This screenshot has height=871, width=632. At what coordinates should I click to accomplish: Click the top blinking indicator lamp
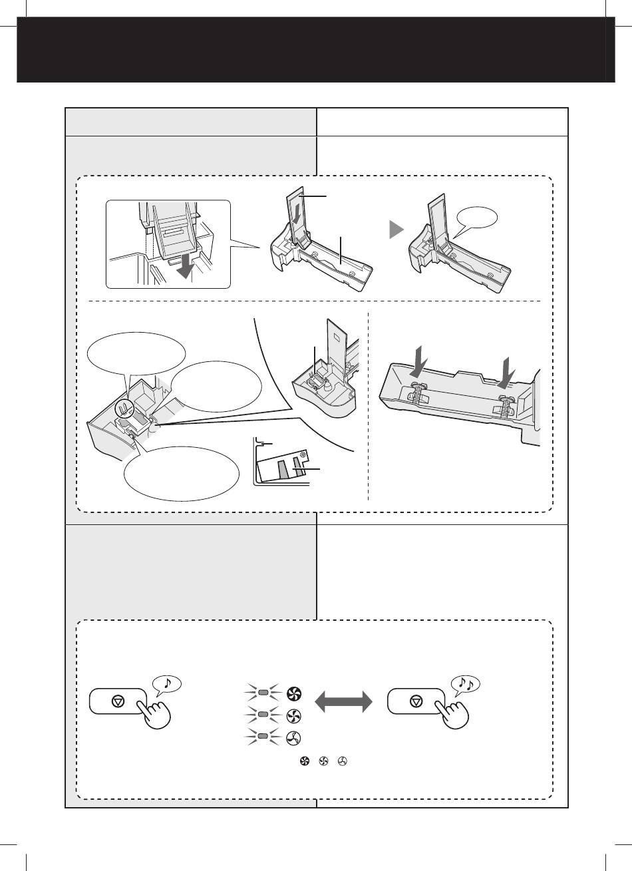click(x=263, y=694)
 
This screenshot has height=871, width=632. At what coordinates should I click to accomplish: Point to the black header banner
click(x=316, y=50)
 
